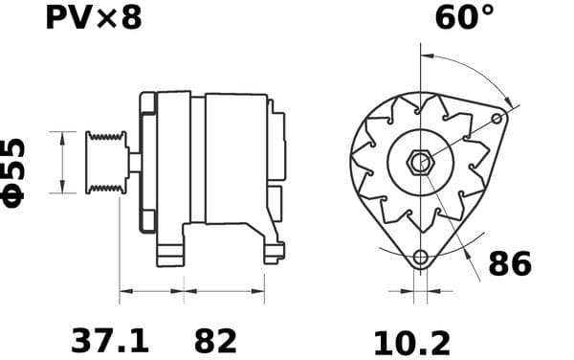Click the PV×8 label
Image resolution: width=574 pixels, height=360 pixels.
click(x=93, y=17)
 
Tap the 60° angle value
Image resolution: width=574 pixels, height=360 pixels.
click(x=465, y=17)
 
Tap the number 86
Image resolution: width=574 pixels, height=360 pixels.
click(x=509, y=263)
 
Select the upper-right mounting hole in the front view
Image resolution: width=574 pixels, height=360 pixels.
click(x=497, y=118)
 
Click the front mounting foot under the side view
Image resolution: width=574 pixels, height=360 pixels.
click(x=169, y=254)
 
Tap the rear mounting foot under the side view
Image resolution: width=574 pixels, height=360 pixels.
click(x=274, y=253)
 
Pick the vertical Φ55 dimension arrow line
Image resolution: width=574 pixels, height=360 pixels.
click(x=63, y=162)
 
